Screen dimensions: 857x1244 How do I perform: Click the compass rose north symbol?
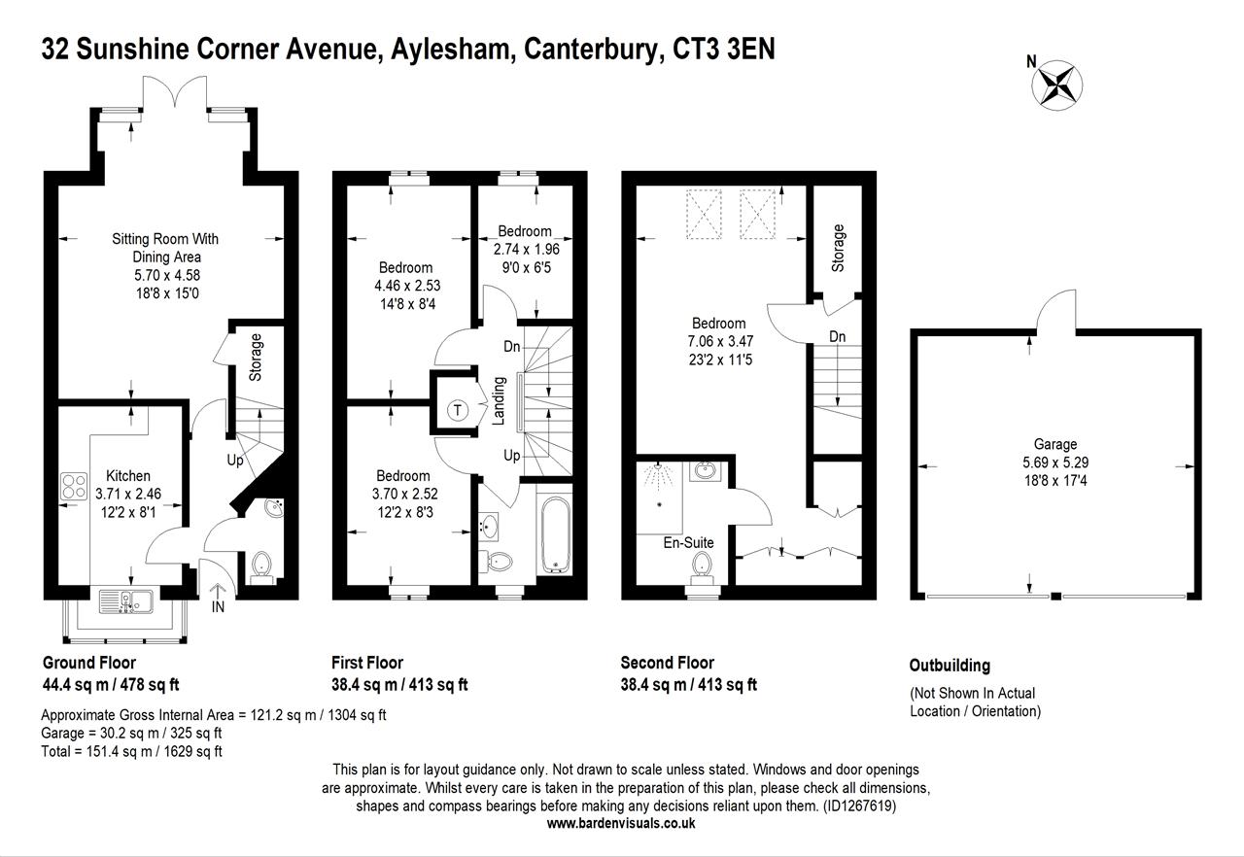coord(1056,83)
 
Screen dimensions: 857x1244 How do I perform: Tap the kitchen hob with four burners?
coord(75,486)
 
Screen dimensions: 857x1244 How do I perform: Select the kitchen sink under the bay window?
coord(128,601)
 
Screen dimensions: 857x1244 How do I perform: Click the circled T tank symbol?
coord(457,410)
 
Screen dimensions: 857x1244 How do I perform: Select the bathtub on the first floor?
coord(553,534)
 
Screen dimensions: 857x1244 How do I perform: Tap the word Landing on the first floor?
coord(498,400)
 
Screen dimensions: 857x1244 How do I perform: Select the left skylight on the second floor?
coord(705,214)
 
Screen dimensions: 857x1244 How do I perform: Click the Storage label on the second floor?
coord(839,248)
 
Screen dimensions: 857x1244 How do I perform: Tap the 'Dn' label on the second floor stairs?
coord(838,336)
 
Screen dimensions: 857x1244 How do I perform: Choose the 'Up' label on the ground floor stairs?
coord(235,461)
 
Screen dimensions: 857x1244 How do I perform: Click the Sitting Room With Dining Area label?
coord(165,248)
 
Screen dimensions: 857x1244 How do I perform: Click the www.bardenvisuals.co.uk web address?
coord(621,823)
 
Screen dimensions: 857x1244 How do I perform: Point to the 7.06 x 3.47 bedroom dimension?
coord(719,341)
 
